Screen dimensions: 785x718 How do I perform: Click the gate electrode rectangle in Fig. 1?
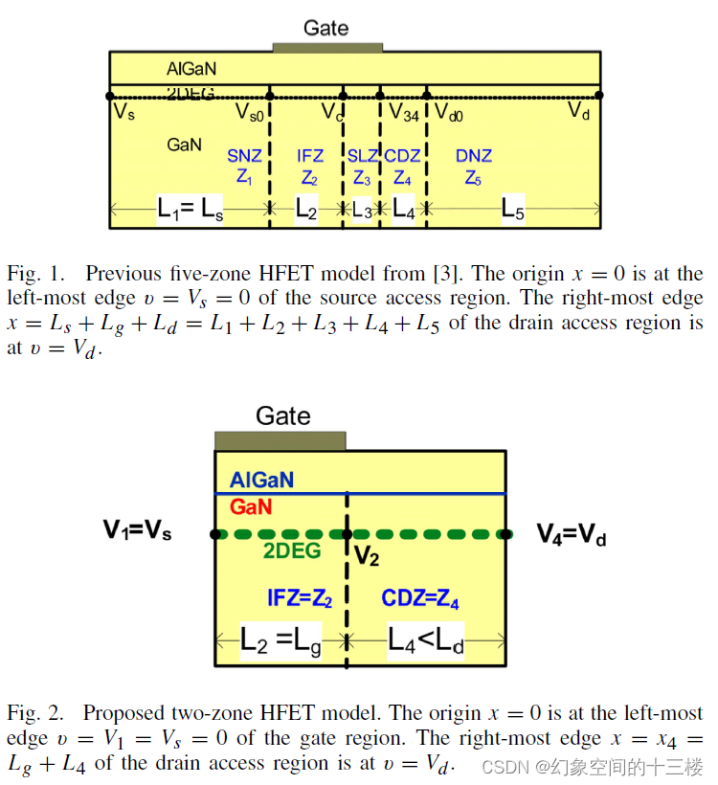point(327,46)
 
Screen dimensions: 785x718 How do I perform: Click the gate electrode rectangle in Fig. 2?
point(280,440)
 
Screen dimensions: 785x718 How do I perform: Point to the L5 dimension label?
point(513,212)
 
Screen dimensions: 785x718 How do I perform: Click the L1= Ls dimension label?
point(191,211)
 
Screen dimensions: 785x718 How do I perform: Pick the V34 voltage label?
point(403,112)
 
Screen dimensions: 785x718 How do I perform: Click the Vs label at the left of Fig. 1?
point(123,112)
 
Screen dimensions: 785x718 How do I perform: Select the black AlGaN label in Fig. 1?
point(191,69)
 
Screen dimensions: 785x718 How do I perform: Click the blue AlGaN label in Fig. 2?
point(261,480)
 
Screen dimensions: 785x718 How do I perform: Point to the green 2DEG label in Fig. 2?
point(292,551)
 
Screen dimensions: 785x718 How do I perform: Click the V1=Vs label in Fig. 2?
point(138,530)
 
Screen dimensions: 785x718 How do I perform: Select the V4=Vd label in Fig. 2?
point(572,534)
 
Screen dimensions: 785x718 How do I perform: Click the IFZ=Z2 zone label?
point(299,599)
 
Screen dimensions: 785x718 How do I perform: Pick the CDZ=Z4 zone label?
point(420,599)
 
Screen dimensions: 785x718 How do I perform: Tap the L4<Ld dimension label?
point(425,642)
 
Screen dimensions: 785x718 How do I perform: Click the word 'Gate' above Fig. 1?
point(325,28)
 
